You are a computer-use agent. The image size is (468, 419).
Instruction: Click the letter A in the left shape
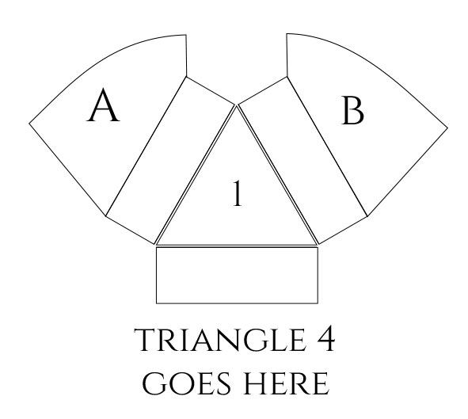(x=103, y=105)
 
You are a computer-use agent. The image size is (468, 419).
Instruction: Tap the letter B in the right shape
(x=353, y=110)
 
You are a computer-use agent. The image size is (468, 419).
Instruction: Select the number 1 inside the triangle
(x=238, y=193)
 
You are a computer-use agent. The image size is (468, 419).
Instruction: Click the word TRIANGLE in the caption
(x=221, y=340)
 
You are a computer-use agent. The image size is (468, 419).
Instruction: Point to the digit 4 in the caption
(x=325, y=340)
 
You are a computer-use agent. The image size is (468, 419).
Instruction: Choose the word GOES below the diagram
(x=187, y=383)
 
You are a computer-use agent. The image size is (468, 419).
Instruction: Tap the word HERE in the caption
(x=287, y=383)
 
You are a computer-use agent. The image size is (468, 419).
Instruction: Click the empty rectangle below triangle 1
(x=237, y=275)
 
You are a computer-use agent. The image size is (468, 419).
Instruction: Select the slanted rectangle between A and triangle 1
(x=170, y=161)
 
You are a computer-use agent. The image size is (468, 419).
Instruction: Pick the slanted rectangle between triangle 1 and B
(x=302, y=161)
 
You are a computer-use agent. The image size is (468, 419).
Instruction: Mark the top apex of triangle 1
(x=237, y=107)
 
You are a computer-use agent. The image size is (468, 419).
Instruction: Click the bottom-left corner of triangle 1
(x=157, y=245)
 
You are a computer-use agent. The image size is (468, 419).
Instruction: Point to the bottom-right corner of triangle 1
(x=317, y=245)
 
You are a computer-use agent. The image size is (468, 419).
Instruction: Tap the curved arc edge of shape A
(x=98, y=59)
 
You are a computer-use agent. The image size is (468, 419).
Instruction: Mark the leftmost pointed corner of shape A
(x=29, y=123)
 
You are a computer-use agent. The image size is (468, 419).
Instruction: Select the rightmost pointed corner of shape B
(x=447, y=128)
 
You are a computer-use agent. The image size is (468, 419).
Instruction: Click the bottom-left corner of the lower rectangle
(x=157, y=303)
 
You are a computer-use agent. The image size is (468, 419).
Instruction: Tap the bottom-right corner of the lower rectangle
(x=318, y=303)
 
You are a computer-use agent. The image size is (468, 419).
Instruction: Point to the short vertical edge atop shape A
(x=187, y=55)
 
